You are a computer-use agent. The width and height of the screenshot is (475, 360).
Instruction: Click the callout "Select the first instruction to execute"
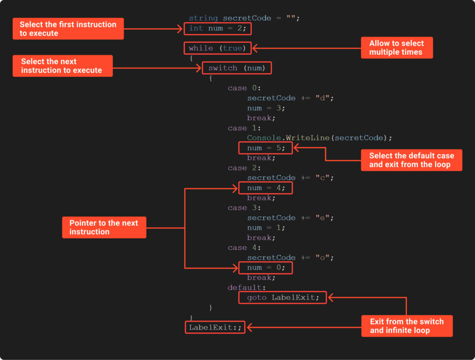[x=68, y=29]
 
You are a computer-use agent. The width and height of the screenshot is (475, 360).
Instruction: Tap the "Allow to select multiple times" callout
[x=397, y=48]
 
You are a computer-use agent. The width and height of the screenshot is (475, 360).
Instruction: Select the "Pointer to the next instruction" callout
[x=104, y=227]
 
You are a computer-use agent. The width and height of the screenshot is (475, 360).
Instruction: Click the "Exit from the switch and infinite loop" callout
[x=406, y=326]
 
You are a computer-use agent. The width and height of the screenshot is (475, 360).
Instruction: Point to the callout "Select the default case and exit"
[x=411, y=160]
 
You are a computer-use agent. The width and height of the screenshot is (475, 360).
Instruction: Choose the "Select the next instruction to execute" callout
[x=62, y=66]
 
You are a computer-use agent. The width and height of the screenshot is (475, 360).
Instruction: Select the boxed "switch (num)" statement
[x=237, y=68]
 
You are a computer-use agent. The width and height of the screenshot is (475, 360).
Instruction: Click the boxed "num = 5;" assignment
[x=265, y=148]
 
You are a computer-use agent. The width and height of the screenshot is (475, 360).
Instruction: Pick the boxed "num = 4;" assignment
[x=265, y=188]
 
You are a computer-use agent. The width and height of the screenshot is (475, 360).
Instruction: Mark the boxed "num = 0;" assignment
[x=265, y=268]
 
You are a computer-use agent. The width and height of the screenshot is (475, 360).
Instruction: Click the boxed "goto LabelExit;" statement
[x=282, y=297]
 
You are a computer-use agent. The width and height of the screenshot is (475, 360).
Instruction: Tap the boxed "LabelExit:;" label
[x=215, y=328]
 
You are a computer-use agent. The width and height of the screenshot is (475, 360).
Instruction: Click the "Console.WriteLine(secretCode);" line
[x=320, y=138]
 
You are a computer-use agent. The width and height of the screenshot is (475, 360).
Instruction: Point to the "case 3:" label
[x=244, y=208]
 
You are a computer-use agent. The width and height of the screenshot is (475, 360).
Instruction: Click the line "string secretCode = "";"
[x=244, y=18]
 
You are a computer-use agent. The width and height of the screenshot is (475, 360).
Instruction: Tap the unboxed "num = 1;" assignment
[x=266, y=228]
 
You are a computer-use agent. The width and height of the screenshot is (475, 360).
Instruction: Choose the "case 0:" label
[x=244, y=88]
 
